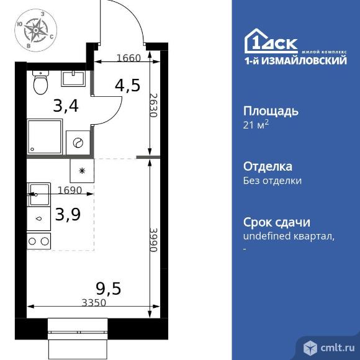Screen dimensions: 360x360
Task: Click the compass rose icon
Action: point(35,30)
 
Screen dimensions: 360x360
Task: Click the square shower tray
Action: point(45,136)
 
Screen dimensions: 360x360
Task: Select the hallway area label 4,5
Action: point(127,84)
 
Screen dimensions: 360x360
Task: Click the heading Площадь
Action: point(270,111)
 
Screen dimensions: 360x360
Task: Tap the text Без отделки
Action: point(272,181)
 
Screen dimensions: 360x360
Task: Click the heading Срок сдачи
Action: point(276,222)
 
